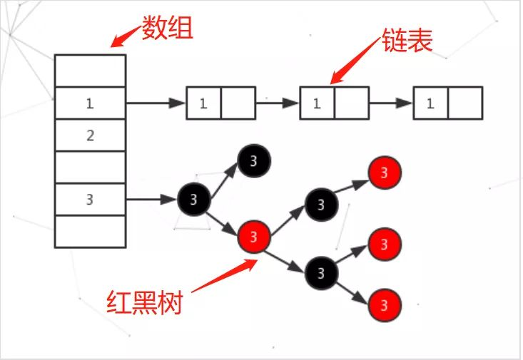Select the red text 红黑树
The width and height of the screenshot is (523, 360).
coord(145,302)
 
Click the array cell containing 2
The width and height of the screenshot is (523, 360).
coord(90,135)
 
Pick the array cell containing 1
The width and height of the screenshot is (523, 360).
coord(90,103)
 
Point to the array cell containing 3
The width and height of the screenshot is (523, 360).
coord(90,200)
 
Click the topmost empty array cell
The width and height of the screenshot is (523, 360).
coord(90,71)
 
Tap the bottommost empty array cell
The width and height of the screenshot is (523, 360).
coord(90,231)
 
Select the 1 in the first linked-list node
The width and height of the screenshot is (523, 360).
coord(203,103)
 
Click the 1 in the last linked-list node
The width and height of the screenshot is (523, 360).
coord(430,103)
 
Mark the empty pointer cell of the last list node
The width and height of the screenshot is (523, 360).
coord(465,103)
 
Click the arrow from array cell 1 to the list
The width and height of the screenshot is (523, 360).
coord(156,103)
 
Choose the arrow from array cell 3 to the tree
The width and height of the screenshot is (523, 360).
coord(151,200)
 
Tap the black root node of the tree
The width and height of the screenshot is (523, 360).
coord(193,199)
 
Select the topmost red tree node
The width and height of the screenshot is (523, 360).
coord(385,173)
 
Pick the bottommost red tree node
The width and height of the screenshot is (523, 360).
coord(385,305)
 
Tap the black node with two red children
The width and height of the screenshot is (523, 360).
coord(320,272)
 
